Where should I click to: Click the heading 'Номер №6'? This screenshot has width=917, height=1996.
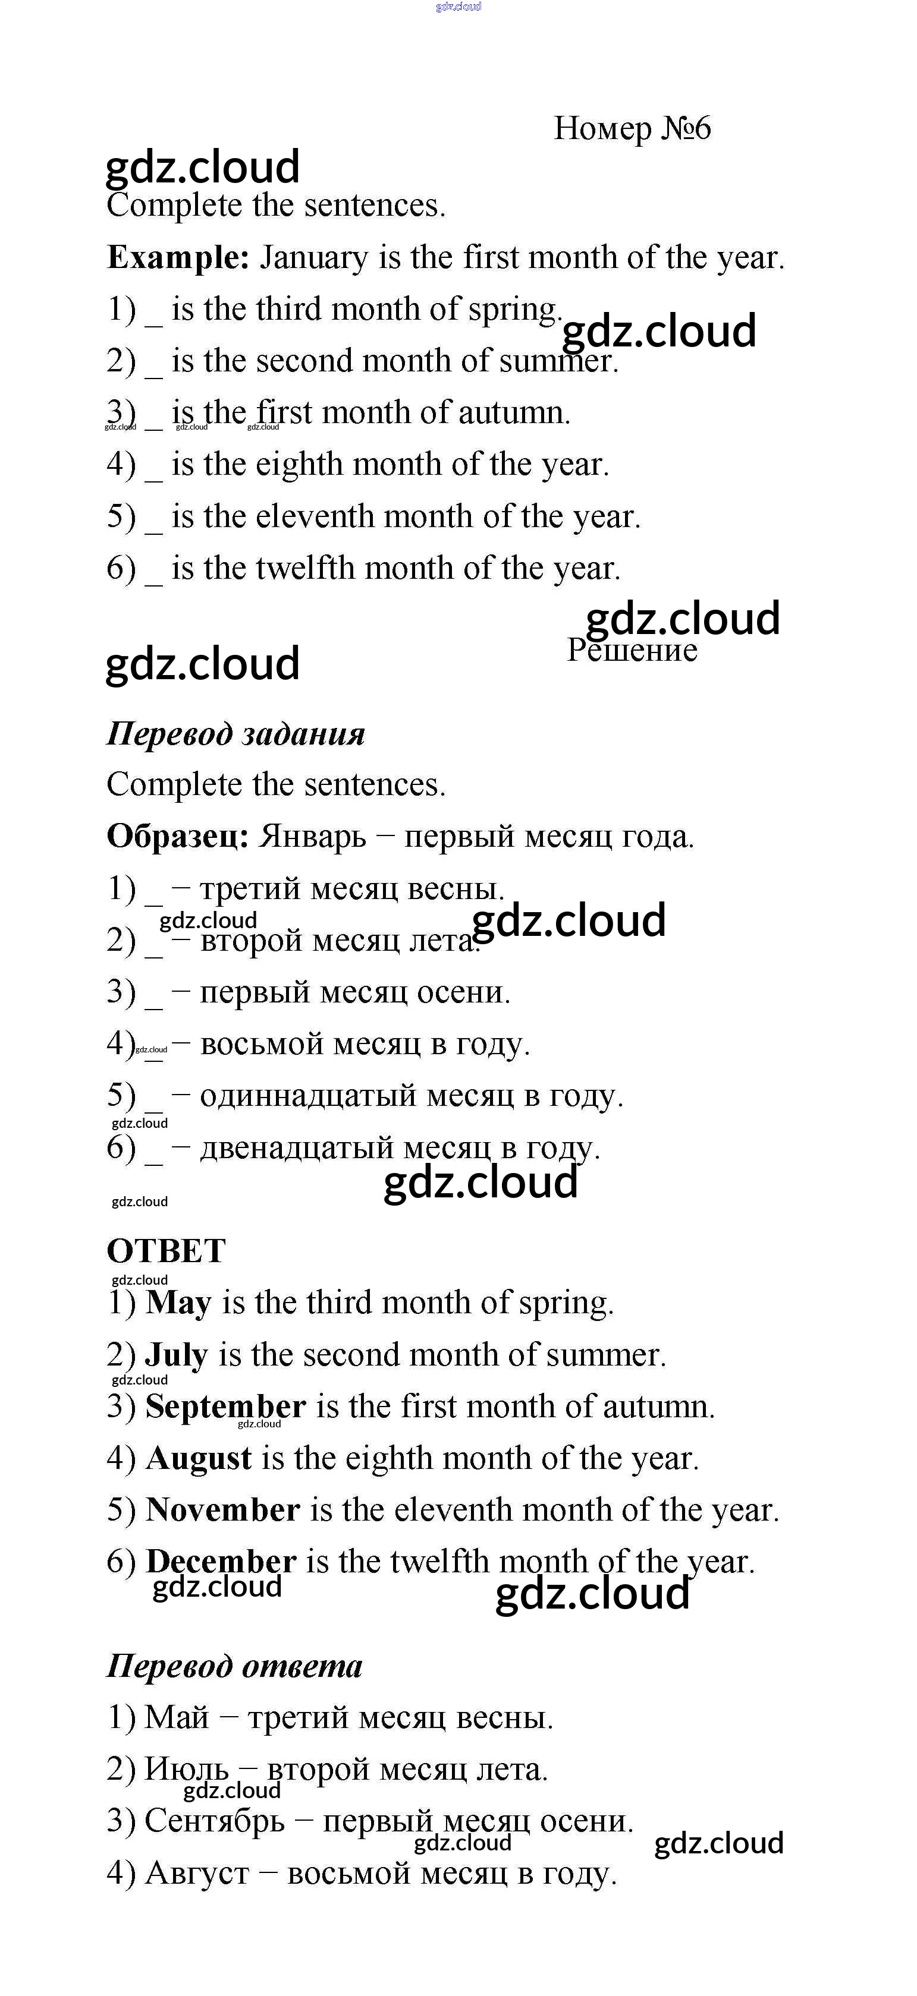click(x=632, y=128)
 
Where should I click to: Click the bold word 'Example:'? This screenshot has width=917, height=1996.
click(x=177, y=257)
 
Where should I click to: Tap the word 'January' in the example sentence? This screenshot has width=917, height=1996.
click(x=313, y=258)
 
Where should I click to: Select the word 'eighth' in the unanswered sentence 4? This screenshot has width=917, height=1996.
click(x=299, y=464)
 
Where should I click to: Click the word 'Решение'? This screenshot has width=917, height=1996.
click(x=632, y=650)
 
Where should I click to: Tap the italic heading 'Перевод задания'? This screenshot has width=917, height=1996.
click(x=235, y=733)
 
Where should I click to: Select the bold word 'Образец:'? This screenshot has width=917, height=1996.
click(x=177, y=836)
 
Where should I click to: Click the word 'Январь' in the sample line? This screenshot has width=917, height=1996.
click(x=312, y=837)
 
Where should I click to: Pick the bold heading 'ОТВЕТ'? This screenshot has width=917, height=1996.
click(x=166, y=1251)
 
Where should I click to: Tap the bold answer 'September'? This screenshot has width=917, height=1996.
click(x=225, y=1407)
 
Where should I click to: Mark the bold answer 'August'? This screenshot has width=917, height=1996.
click(x=199, y=1459)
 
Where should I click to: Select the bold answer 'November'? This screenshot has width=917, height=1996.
click(x=222, y=1509)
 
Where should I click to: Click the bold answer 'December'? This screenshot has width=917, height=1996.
click(x=221, y=1560)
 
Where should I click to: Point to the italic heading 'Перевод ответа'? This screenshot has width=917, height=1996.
click(x=234, y=1666)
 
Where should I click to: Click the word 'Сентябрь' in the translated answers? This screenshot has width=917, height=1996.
click(x=215, y=1820)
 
